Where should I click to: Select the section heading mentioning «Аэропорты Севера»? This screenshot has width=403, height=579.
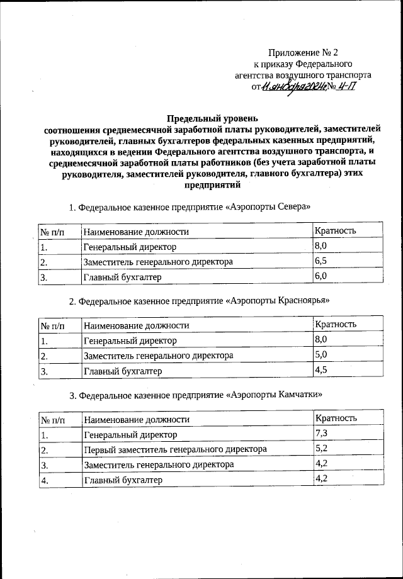click(x=190, y=207)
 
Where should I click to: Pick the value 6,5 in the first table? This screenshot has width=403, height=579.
click(x=321, y=261)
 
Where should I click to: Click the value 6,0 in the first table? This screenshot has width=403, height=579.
click(x=321, y=276)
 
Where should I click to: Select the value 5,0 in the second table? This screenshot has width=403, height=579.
click(x=321, y=355)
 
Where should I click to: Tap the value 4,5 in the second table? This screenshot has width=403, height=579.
click(x=321, y=370)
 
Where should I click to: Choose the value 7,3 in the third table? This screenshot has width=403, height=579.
click(x=321, y=434)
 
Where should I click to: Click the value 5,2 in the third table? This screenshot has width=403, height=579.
click(x=321, y=449)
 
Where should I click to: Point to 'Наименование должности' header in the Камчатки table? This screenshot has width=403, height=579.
click(x=137, y=419)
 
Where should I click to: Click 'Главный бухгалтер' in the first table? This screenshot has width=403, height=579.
click(x=123, y=277)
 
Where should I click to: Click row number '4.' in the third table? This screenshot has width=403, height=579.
click(x=45, y=481)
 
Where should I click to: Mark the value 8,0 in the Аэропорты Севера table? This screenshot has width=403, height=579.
click(x=321, y=245)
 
